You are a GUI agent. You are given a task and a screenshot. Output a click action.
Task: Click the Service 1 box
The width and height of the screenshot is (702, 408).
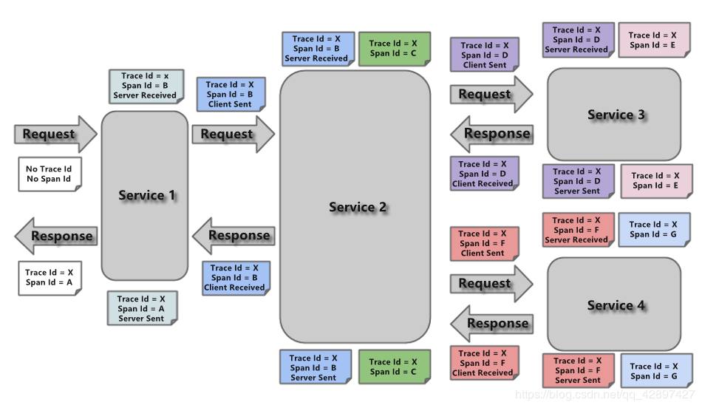coord(145,196)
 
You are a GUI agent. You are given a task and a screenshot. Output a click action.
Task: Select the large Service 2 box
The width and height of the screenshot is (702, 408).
coord(355,207)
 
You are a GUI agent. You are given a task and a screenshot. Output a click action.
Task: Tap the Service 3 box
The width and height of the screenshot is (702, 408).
coord(614,115)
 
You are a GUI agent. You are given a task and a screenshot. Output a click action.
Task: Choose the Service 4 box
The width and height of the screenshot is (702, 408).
coord(614,305)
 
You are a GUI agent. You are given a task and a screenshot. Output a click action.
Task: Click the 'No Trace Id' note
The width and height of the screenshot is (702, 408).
coord(49,174)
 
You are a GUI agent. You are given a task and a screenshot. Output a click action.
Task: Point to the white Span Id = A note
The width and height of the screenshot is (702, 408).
coord(49,277)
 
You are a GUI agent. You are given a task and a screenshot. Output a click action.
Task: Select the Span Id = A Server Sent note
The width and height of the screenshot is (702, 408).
coord(142,309)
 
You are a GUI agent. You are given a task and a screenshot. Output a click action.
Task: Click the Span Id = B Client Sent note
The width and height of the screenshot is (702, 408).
coord(229,95)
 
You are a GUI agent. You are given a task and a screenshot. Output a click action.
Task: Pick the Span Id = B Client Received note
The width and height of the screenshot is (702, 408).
coord(234,278)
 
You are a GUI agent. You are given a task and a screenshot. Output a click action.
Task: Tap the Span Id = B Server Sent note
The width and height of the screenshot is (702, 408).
coord(313,367)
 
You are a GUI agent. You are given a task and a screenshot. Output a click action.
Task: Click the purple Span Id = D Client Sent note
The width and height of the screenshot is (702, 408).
coord(484,55)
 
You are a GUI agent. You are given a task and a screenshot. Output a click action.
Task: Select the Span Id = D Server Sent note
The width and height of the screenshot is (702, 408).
coord(577,181)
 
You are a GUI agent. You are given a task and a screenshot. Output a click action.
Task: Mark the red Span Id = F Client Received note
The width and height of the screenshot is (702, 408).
coord(484,363)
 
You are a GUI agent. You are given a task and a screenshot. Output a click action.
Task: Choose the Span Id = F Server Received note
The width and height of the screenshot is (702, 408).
coord(576,230)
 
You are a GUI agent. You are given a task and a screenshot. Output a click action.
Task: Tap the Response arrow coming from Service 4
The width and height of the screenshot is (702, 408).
coord(491,324)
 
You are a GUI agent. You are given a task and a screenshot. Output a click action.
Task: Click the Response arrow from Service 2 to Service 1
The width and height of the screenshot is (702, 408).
coord(233,236)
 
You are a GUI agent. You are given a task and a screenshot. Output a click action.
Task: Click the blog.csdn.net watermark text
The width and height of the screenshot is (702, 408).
coord(605,395)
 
